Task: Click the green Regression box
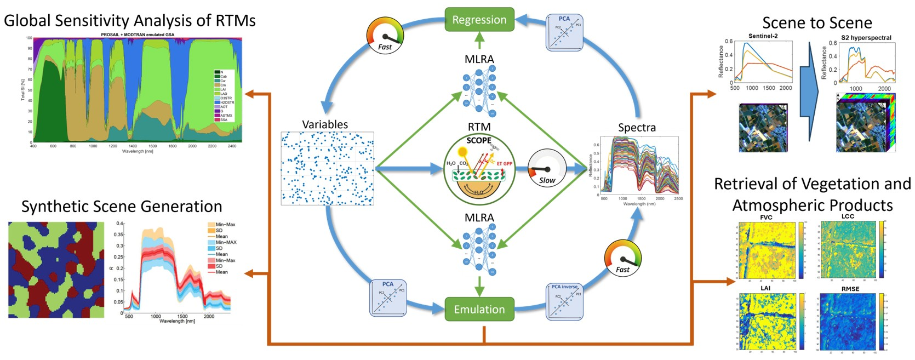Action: [x=479, y=20]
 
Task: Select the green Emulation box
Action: [x=479, y=310]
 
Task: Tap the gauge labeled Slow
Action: [x=546, y=167]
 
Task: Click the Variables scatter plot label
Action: [x=325, y=124]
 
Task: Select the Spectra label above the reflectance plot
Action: [x=637, y=128]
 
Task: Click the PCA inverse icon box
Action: [x=564, y=301]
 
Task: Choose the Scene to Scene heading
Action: [x=817, y=23]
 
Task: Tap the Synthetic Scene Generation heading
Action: [x=122, y=207]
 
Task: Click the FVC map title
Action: [x=766, y=218]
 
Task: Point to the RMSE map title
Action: [x=850, y=289]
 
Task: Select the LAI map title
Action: [x=765, y=288]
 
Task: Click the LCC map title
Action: [x=848, y=216]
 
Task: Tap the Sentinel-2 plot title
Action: [x=763, y=36]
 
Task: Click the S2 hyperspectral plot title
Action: [x=866, y=38]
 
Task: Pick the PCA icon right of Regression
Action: [x=564, y=32]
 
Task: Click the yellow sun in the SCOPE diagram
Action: [x=462, y=151]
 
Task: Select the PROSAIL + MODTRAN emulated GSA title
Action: [x=138, y=35]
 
